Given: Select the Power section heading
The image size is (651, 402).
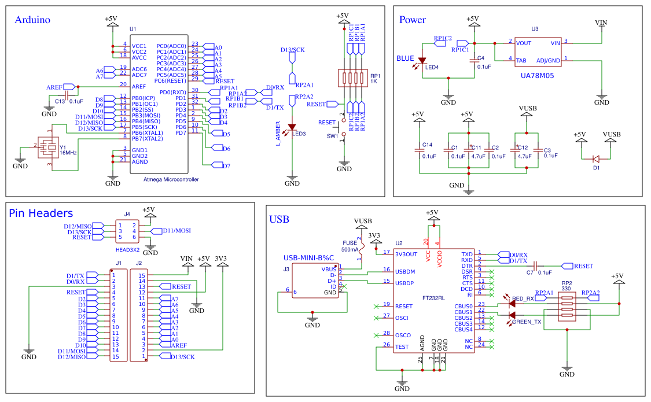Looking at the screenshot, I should click(x=413, y=20).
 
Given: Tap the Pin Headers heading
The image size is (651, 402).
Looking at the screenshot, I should click(x=41, y=213).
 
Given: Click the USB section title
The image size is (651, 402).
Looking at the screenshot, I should click(x=279, y=219).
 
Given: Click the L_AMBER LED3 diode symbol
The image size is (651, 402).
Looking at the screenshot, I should click(x=292, y=127).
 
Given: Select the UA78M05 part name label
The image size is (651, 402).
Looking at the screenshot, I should click(x=538, y=75).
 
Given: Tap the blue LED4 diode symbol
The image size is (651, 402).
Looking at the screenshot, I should click(x=422, y=60).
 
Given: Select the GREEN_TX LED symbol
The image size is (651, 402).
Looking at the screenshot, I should click(x=512, y=315).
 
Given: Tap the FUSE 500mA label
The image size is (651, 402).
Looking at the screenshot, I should click(x=350, y=246).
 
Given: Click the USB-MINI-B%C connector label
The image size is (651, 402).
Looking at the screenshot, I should click(x=309, y=257).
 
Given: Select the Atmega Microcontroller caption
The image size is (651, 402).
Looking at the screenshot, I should click(x=171, y=179).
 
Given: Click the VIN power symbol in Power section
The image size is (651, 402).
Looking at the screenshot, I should click(x=602, y=23).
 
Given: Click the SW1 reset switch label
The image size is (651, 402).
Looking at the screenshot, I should click(x=333, y=136).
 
